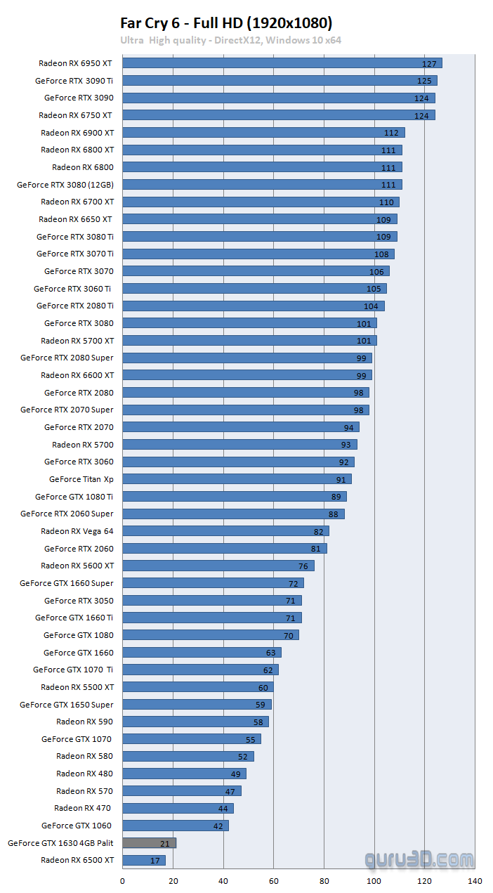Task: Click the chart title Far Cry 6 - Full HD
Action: pos(226,22)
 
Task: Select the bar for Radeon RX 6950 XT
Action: pos(281,63)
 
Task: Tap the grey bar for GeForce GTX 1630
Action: pos(149,842)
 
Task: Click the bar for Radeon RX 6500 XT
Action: pos(143,860)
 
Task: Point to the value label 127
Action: pos(429,64)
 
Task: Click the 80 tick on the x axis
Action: pos(324,880)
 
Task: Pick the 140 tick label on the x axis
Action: pos(475,880)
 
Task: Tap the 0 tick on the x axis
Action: pos(123,880)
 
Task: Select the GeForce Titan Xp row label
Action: pos(81,479)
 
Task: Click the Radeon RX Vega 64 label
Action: pos(77,531)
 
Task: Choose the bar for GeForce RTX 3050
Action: pos(211,601)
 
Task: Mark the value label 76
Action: pos(303,566)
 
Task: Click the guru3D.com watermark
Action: pos(419,859)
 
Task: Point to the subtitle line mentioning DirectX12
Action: pos(230,40)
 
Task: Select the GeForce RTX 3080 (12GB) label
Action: pos(65,185)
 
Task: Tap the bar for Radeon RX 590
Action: pos(195,722)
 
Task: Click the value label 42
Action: pos(218,826)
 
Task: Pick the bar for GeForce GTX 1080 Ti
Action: pos(233,497)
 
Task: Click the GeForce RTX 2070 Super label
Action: pos(67,410)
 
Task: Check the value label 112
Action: pos(391,133)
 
